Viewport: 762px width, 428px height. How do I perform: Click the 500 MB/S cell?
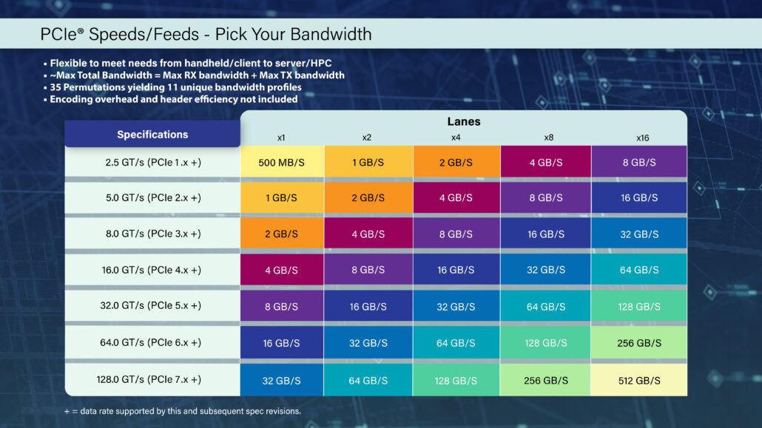[x=282, y=162]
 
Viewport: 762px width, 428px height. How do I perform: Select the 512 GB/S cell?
[x=638, y=380]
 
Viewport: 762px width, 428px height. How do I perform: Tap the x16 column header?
[x=642, y=137]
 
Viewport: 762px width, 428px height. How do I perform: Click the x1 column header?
[x=281, y=137]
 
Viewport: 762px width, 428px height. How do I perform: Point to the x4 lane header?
[x=456, y=137]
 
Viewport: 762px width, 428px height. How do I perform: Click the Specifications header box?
[x=152, y=135]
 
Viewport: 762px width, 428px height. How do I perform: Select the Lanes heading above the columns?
[x=464, y=121]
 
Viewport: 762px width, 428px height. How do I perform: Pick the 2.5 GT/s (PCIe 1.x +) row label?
[x=153, y=162]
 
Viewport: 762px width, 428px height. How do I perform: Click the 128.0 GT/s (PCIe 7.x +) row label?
[x=152, y=379]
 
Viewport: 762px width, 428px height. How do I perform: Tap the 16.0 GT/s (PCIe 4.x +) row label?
[x=152, y=271]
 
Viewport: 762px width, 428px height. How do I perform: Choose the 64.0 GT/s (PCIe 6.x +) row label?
[x=152, y=343]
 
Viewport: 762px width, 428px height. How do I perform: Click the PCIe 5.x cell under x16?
[x=638, y=307]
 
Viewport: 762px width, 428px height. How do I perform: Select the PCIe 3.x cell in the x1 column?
[x=282, y=234]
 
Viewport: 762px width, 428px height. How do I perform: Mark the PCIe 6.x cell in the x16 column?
[x=638, y=344]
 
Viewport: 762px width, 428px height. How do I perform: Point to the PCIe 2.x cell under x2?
[x=368, y=198]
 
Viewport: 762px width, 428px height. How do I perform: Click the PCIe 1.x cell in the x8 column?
[x=546, y=162]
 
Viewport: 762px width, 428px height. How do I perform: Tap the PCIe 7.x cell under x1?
[x=282, y=380]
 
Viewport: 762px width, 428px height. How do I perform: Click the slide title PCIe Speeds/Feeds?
[x=206, y=34]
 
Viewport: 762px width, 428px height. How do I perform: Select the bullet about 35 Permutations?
[x=175, y=87]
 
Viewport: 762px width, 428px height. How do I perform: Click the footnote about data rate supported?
[x=183, y=411]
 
